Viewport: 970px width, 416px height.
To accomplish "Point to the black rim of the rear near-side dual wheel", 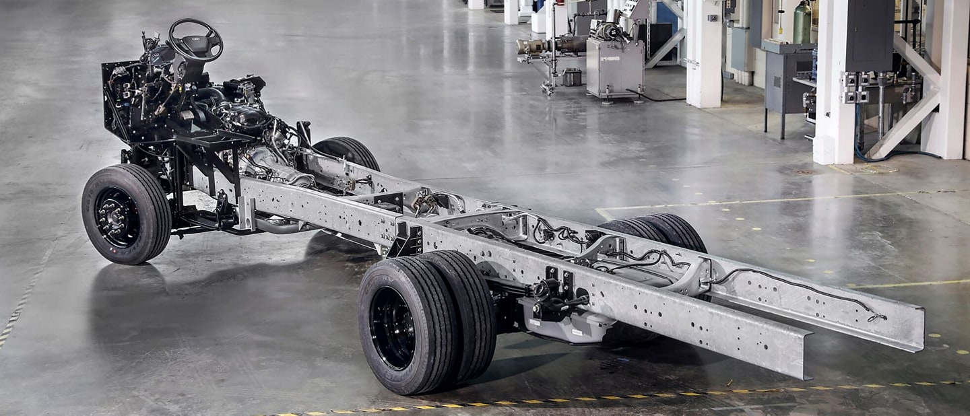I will click(x=393, y=328).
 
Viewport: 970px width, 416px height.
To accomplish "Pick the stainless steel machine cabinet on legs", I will click(x=614, y=67).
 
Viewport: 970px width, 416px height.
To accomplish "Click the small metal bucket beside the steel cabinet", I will click(x=572, y=77).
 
